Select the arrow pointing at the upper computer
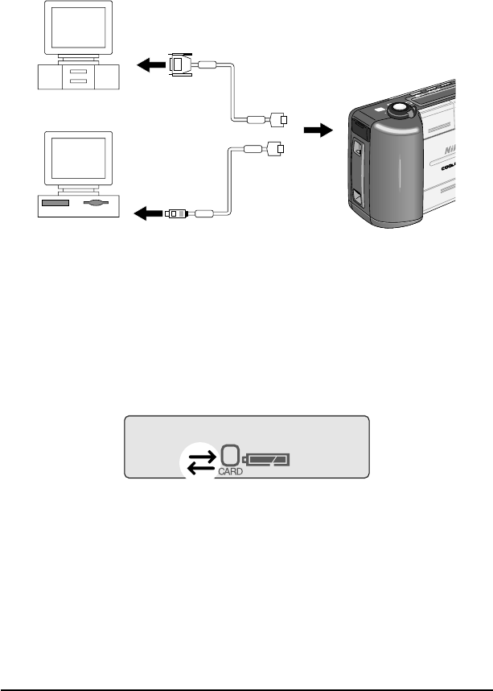(x=148, y=67)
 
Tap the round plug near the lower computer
(x=177, y=213)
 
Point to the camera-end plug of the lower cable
(x=275, y=148)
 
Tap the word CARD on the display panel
(x=228, y=473)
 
